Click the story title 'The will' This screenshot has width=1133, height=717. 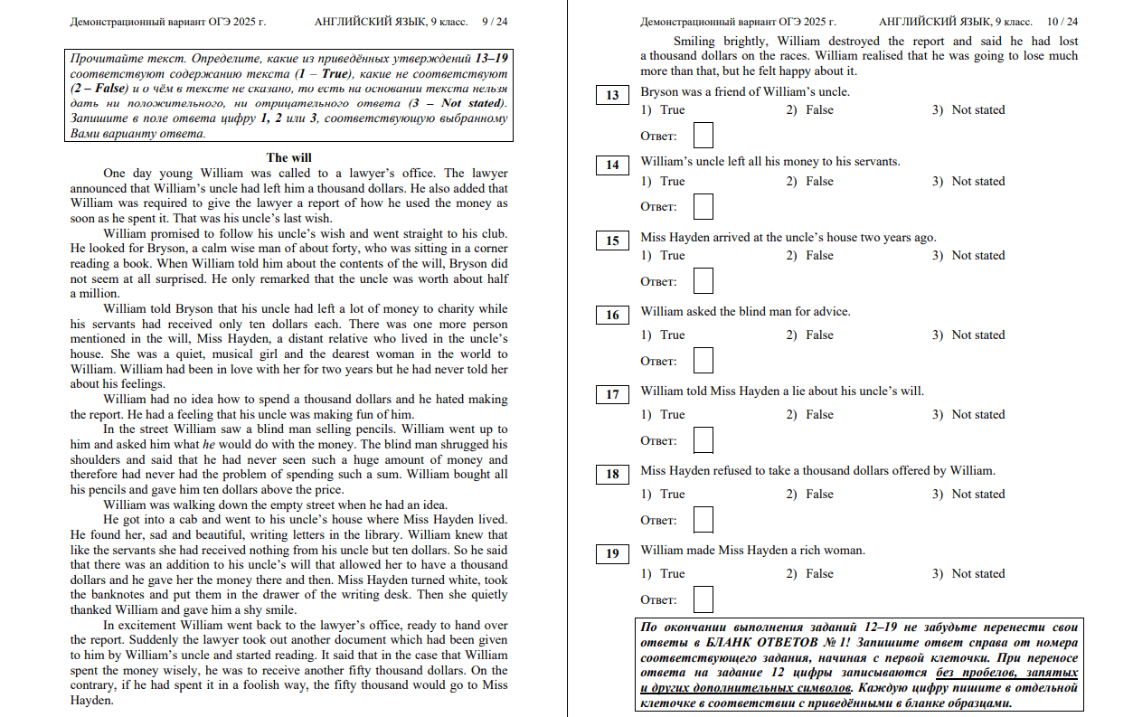pos(288,157)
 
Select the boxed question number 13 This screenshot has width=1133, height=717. pos(612,95)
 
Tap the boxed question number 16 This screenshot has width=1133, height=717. pos(612,315)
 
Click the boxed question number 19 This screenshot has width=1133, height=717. pos(612,553)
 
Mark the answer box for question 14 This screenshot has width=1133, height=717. pos(703,206)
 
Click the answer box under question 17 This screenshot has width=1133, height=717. pos(703,440)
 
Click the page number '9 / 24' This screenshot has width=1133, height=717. pos(495,21)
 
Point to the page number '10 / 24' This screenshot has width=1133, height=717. pos(1062,21)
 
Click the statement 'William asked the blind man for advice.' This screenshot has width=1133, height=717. pos(745,312)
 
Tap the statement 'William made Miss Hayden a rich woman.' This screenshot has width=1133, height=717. pos(752,551)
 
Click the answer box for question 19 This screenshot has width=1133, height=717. pos(703,599)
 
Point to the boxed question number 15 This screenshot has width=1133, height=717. pos(612,241)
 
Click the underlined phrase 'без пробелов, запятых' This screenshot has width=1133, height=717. pos(1006,674)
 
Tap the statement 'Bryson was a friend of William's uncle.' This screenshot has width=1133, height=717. pos(745,92)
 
